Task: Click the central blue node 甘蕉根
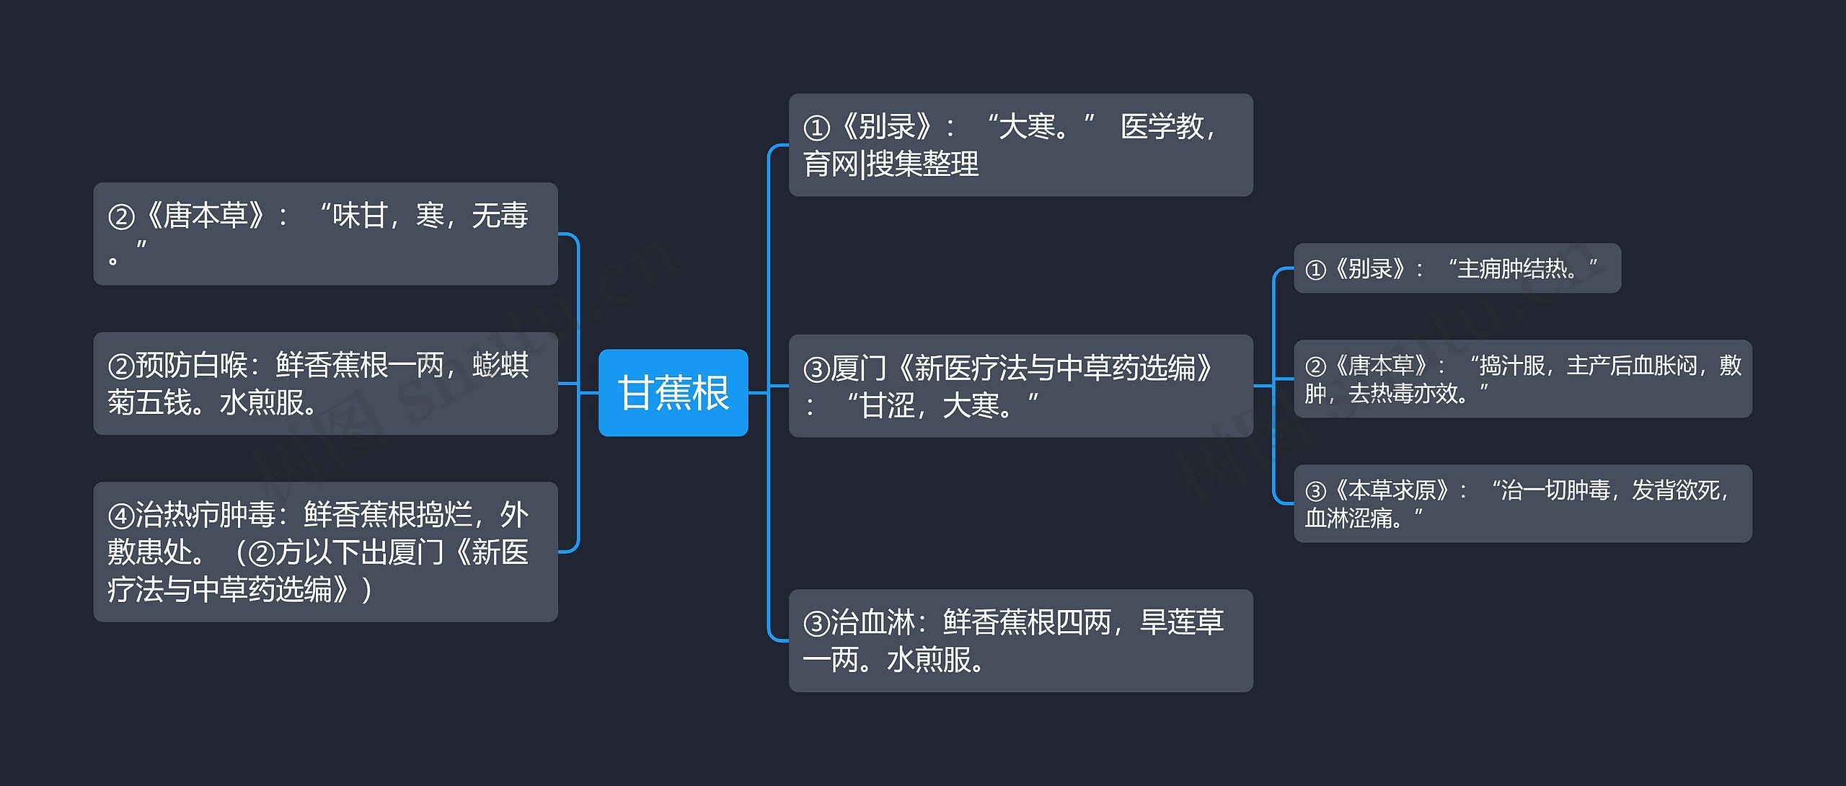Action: (x=673, y=393)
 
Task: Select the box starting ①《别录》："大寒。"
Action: (x=1020, y=145)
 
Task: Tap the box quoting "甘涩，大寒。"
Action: (x=1020, y=386)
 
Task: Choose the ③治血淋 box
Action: (x=1020, y=640)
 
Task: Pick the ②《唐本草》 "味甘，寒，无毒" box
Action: (x=325, y=234)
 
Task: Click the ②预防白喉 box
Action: (x=325, y=384)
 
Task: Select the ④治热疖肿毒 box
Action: (x=325, y=552)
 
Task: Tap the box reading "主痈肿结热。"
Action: (x=1457, y=269)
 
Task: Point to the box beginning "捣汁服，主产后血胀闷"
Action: (x=1522, y=379)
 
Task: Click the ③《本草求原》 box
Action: (x=1522, y=503)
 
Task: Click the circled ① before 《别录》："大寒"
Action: (x=817, y=128)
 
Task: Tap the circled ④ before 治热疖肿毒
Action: (x=120, y=516)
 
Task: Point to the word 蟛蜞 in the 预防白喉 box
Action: (x=500, y=366)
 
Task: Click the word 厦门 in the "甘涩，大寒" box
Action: (x=858, y=368)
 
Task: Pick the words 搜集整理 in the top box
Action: (x=922, y=164)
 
